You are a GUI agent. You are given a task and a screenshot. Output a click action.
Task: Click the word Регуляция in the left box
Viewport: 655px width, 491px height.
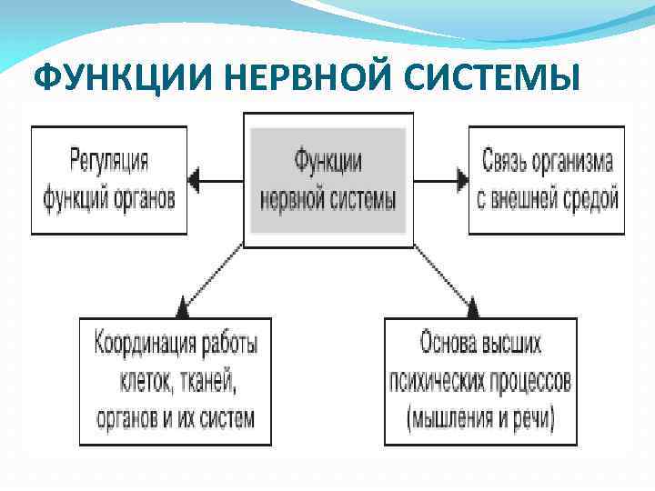click(x=109, y=162)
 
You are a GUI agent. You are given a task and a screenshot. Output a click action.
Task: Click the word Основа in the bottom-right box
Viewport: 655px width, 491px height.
click(x=450, y=344)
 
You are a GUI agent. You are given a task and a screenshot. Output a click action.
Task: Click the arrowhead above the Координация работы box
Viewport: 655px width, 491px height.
click(x=183, y=308)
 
